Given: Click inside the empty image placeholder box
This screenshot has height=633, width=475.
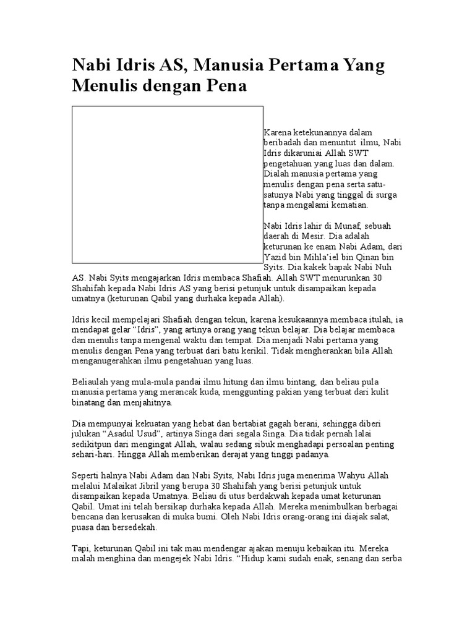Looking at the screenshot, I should pyautogui.click(x=168, y=184).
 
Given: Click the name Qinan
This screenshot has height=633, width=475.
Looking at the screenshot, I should pyautogui.click(x=374, y=256).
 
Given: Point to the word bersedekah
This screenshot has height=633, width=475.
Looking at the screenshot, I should pyautogui.click(x=131, y=529).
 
